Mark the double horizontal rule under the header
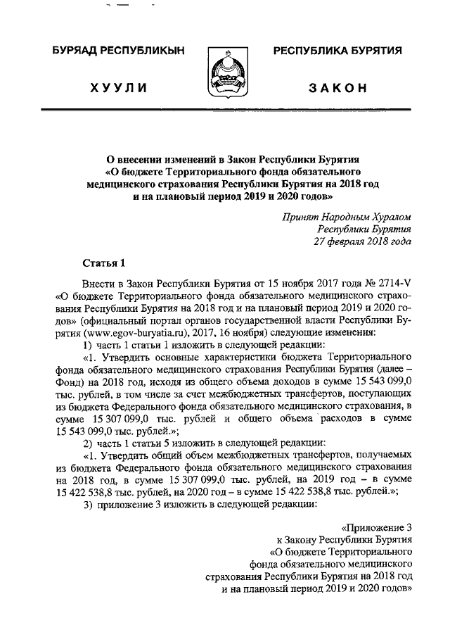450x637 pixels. pos(225,111)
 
